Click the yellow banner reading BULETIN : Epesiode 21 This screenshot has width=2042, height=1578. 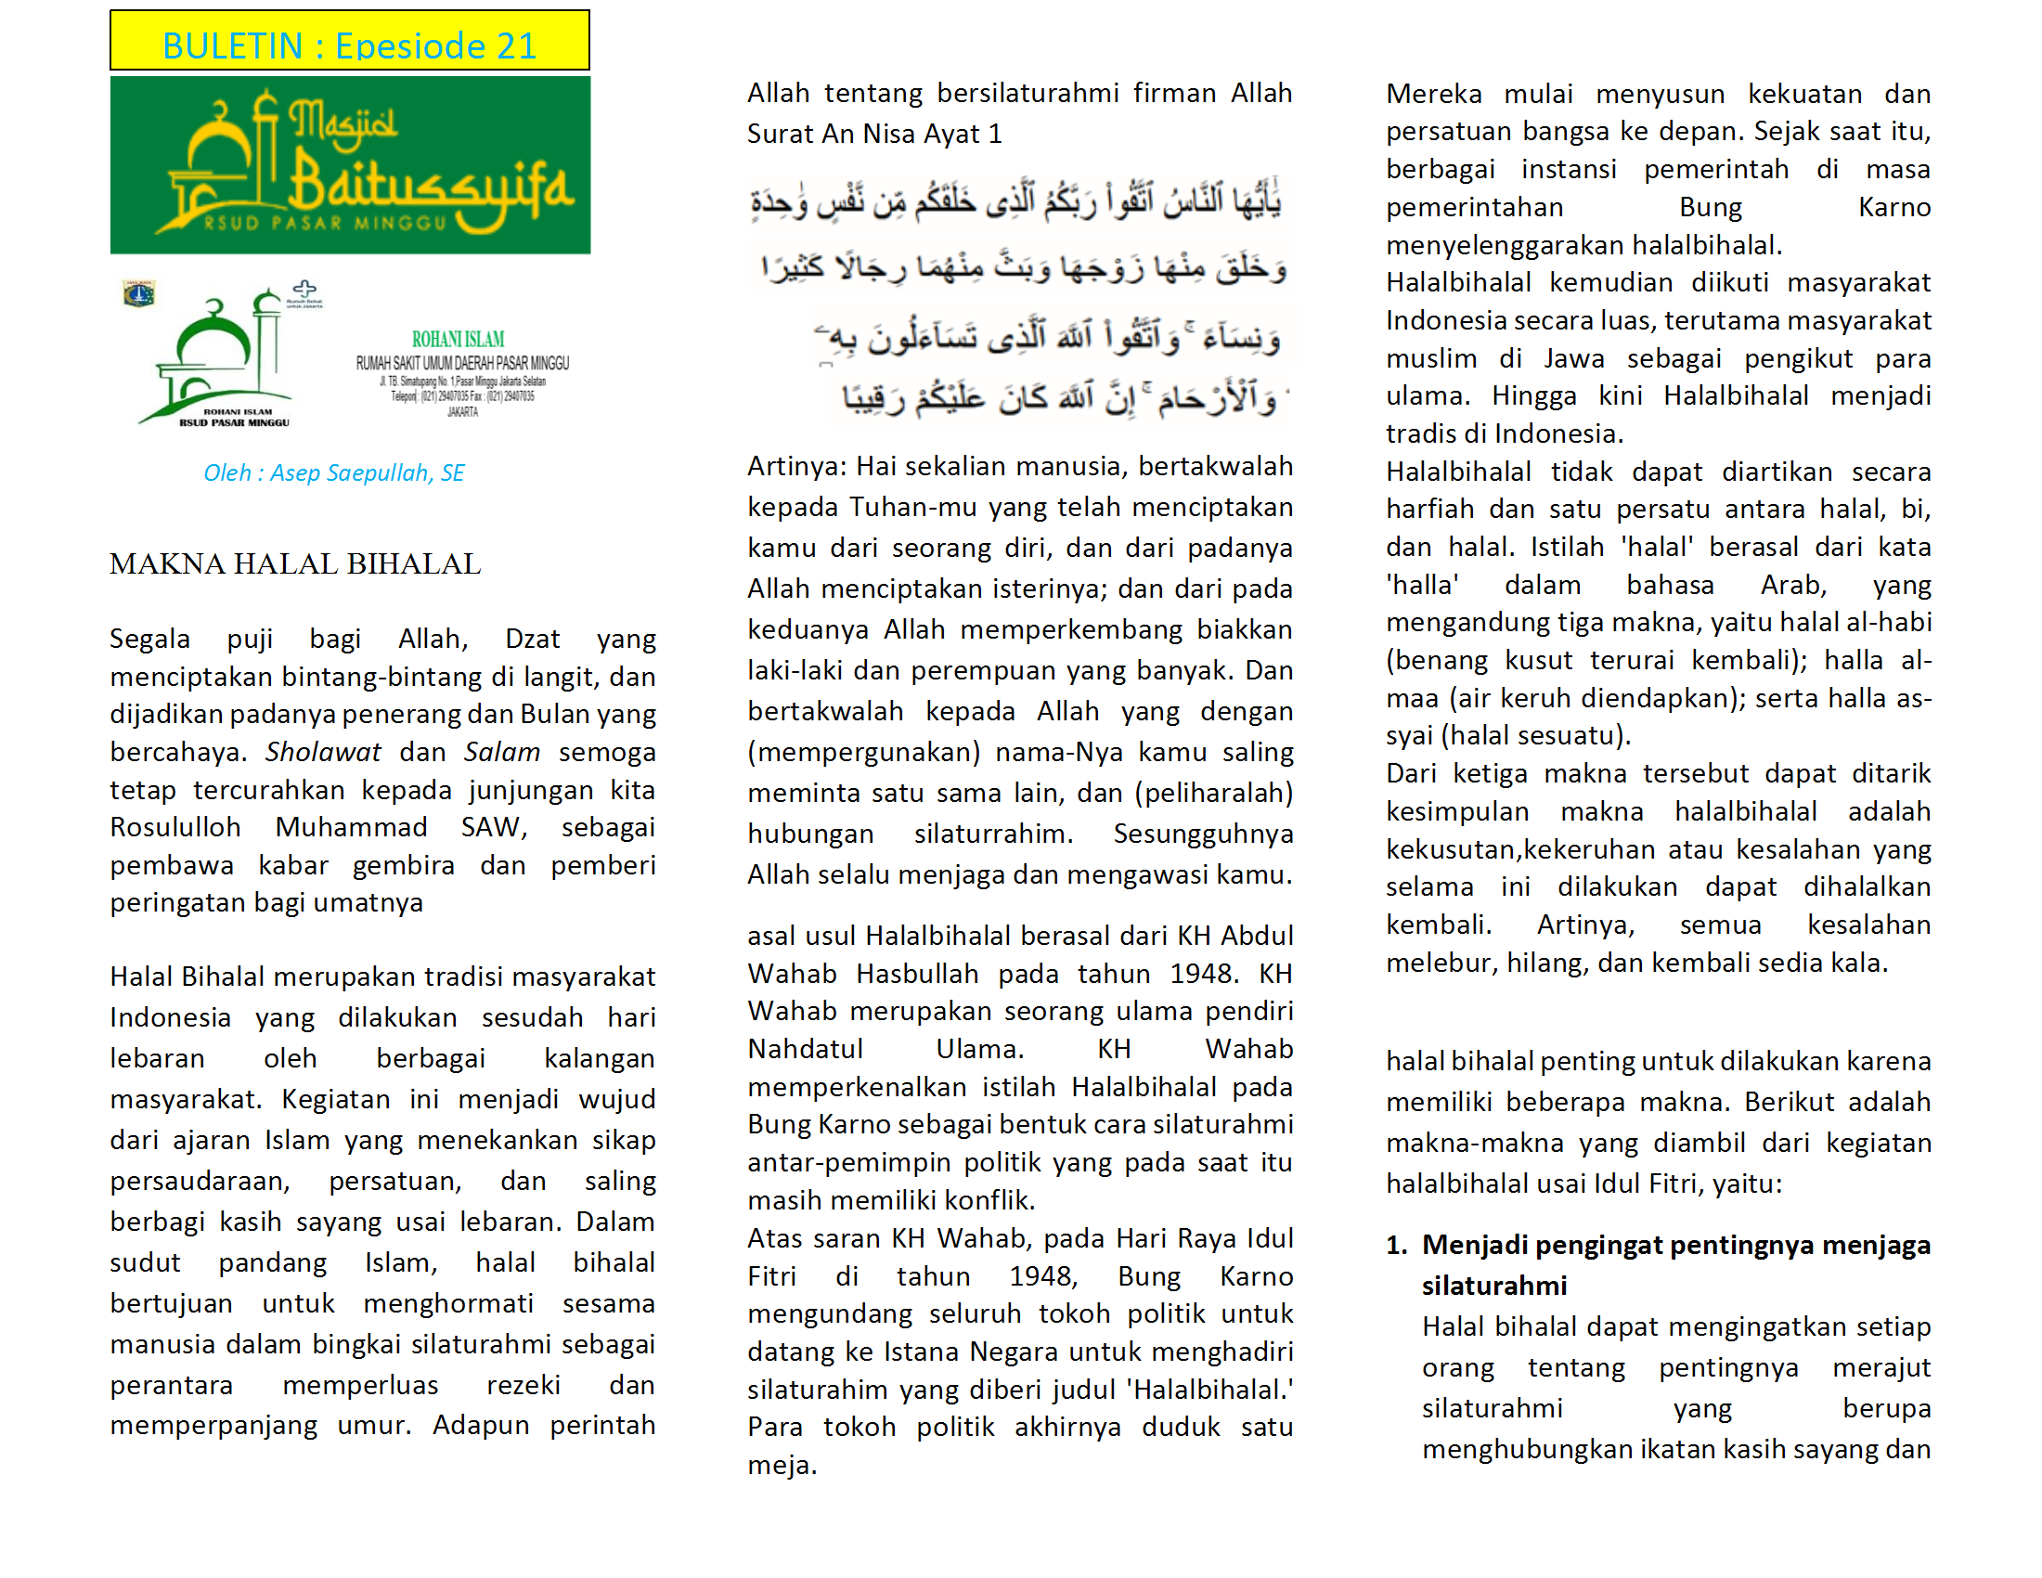pos(350,42)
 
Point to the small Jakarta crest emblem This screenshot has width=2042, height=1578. pos(139,294)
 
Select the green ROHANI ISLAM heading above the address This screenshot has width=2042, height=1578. pos(459,340)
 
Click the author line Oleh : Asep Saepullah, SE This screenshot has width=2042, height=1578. pos(334,473)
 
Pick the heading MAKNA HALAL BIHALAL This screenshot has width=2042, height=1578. pos(294,563)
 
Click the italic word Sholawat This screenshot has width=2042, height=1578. pos(323,752)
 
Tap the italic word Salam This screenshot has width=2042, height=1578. pos(502,752)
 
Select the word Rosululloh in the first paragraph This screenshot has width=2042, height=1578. pos(174,827)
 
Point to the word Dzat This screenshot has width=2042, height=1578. pos(532,639)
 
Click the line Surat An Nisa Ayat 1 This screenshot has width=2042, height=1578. pos(874,134)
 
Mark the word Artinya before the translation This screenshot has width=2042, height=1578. pos(796,466)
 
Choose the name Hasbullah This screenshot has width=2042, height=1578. pos(917,974)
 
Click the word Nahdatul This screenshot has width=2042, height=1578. pos(805,1049)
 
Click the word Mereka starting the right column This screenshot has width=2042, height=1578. pos(1433,94)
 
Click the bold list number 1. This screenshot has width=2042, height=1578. pos(1396,1245)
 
